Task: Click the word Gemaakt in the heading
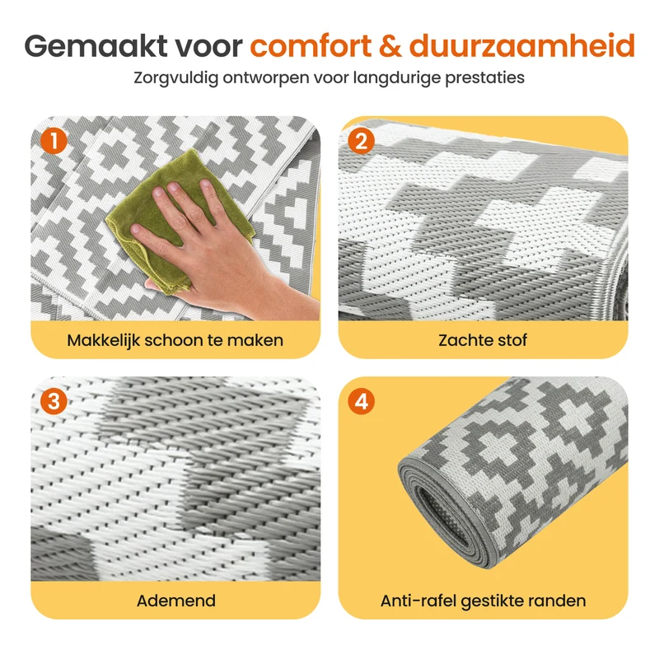click(x=96, y=45)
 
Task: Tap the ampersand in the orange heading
click(x=390, y=45)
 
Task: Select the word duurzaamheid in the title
click(x=521, y=45)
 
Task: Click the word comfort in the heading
click(x=311, y=45)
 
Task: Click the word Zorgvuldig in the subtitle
click(x=175, y=78)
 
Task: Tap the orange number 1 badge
click(x=54, y=141)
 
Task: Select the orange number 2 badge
click(x=362, y=141)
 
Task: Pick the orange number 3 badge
click(x=54, y=401)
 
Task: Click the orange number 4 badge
click(x=362, y=401)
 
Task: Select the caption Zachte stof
click(x=483, y=340)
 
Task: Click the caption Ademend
click(x=176, y=601)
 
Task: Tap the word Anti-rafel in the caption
click(x=418, y=601)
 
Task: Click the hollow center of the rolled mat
click(x=442, y=515)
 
